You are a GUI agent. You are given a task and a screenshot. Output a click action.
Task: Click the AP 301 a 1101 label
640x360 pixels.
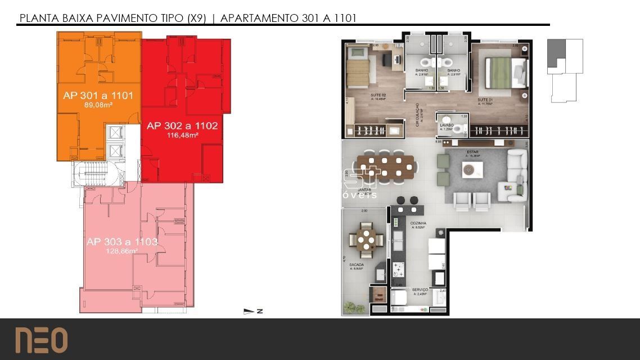point(98,96)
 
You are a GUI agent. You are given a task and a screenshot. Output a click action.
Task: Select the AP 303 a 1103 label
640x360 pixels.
point(121,242)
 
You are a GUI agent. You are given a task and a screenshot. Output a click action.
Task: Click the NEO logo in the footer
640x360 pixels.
point(41,340)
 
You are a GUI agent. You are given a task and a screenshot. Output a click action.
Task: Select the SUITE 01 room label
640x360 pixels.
point(485,101)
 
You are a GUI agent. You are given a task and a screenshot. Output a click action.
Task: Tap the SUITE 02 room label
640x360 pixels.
point(378,96)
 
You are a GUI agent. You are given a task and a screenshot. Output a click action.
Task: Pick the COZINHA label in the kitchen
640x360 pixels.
point(418,224)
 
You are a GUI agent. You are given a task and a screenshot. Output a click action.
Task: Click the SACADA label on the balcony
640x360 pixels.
point(355,265)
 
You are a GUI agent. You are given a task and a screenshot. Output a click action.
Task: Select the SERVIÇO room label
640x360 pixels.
point(420,290)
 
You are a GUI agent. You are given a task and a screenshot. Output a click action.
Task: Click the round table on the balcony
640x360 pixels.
point(367,237)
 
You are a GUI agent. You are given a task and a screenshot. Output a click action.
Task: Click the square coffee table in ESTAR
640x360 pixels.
point(472,169)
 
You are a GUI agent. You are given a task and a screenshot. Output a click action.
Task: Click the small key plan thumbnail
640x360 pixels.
point(565,70)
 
